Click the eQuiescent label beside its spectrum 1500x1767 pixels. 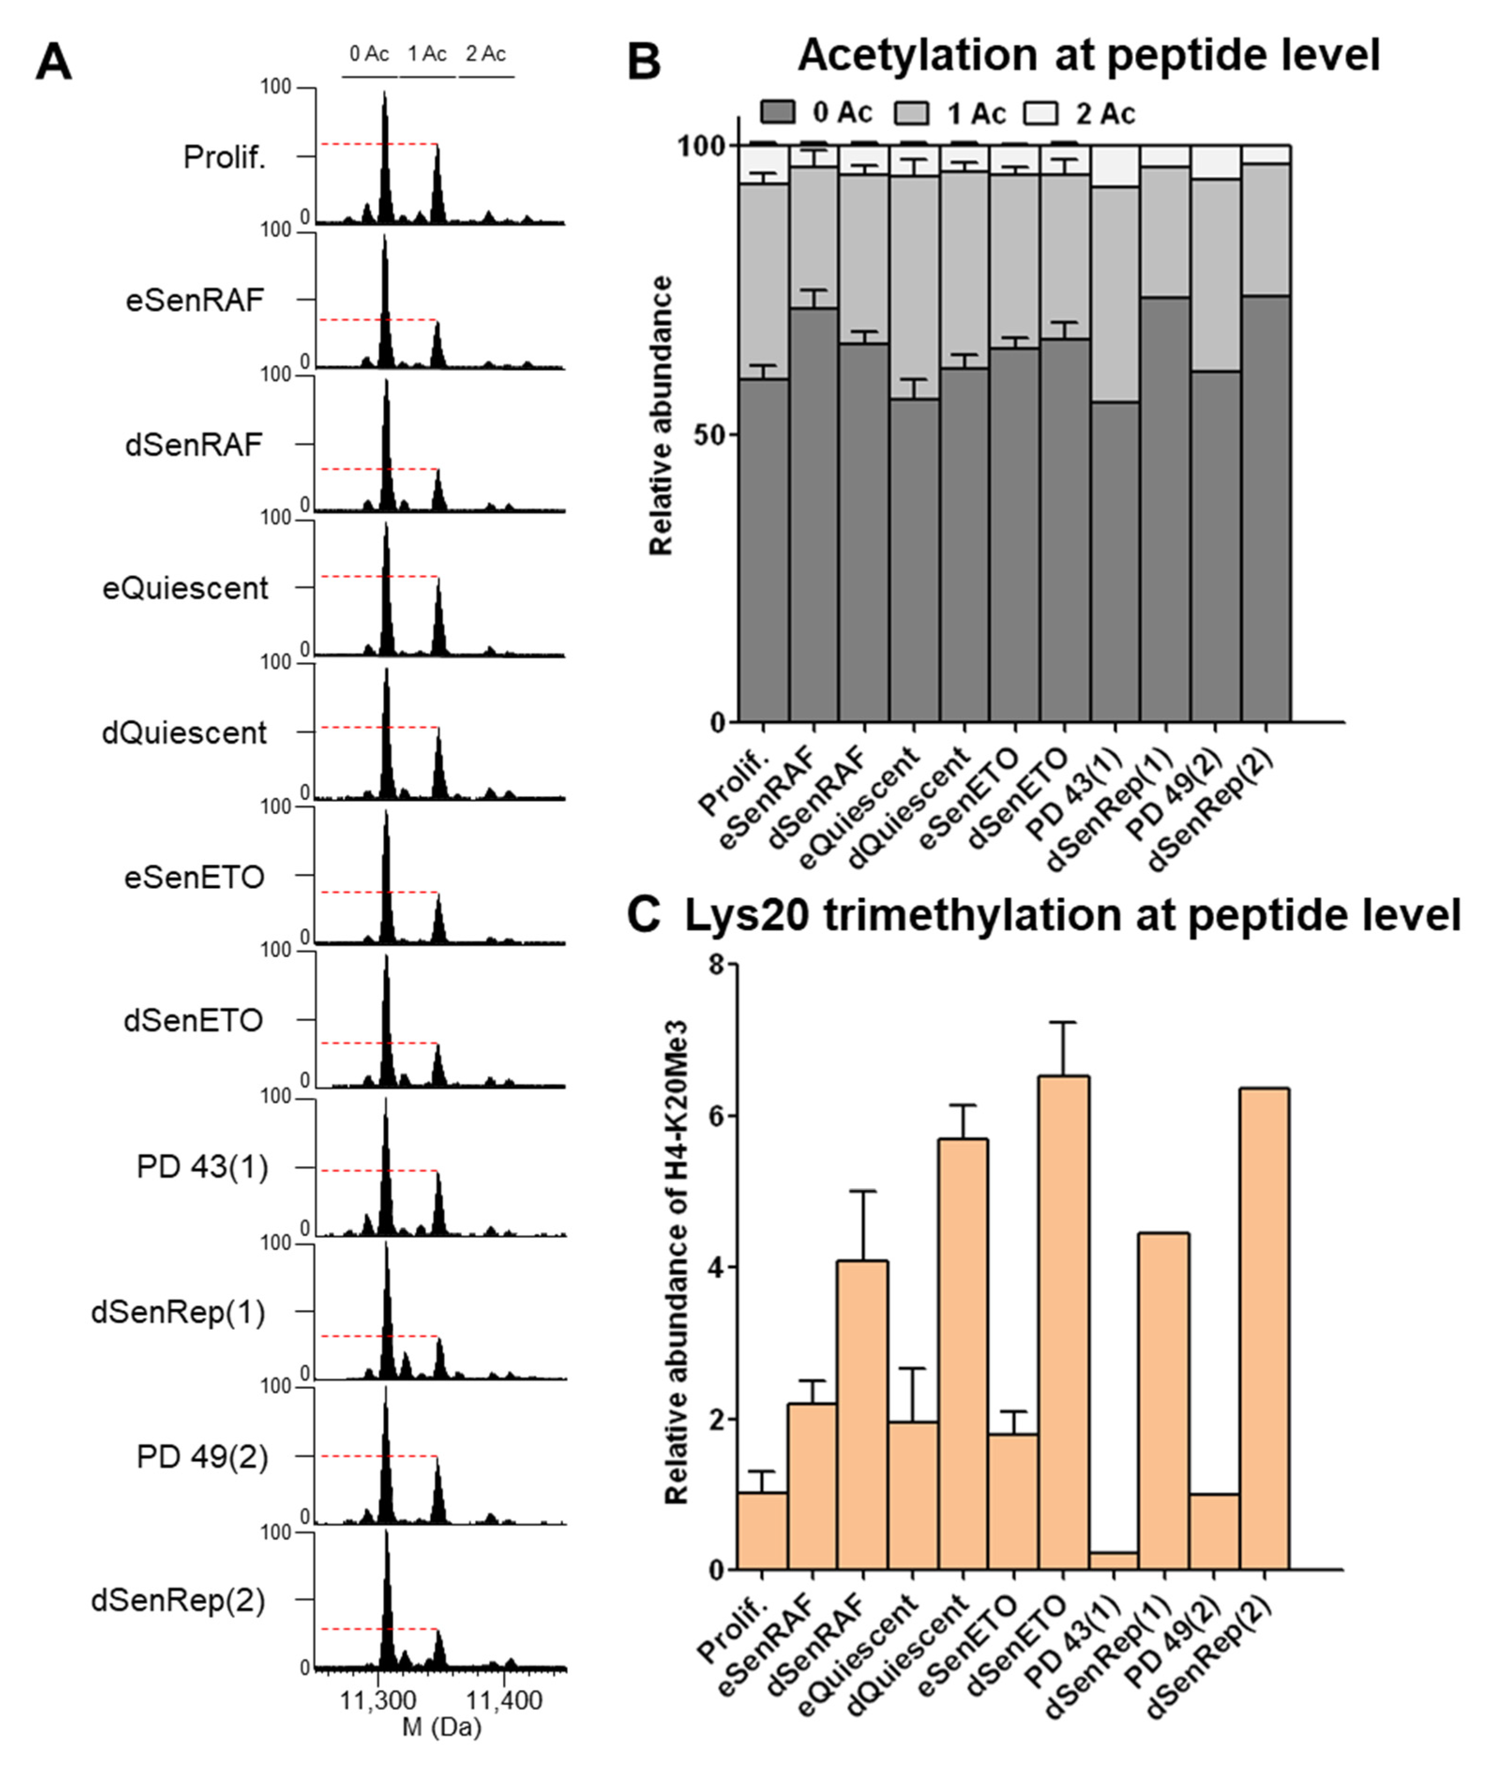click(x=185, y=588)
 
